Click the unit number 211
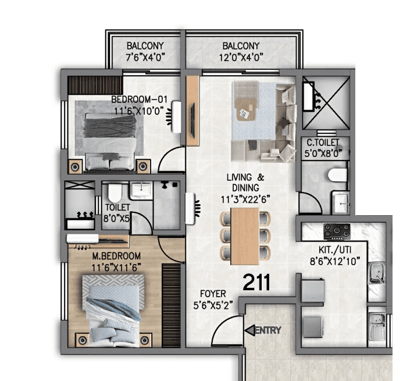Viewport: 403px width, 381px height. coord(256,283)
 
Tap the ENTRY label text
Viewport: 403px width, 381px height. coord(270,330)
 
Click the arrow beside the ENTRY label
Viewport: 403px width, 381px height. coord(249,330)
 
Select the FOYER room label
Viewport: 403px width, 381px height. coord(213,294)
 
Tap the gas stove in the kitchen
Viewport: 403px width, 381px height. coord(337,231)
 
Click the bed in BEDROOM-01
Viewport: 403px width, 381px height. coord(110,141)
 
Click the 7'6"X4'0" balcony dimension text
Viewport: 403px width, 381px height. coord(145,57)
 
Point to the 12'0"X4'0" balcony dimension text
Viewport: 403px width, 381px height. coord(241,57)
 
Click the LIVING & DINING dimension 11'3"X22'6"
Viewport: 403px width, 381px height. coord(245,198)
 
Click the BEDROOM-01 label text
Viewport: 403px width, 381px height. coord(140,99)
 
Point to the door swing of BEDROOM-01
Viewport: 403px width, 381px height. coord(172,159)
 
